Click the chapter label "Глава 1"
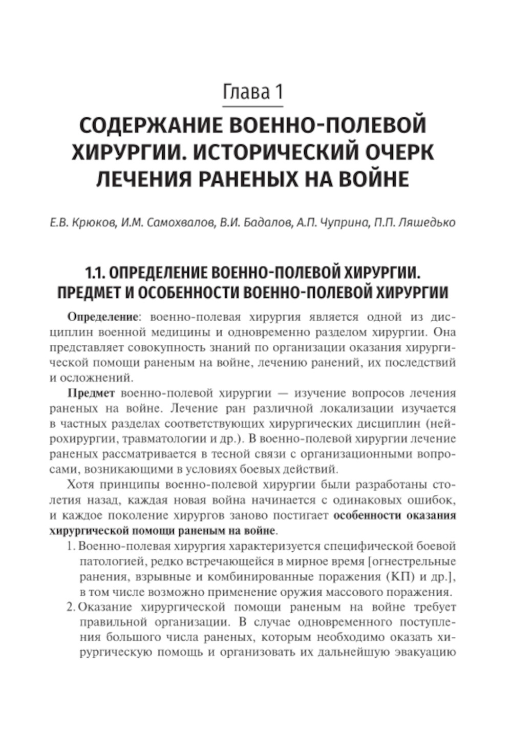[253, 92]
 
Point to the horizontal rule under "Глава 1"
[253, 107]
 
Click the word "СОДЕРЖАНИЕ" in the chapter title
[150, 126]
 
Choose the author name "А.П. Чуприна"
[330, 223]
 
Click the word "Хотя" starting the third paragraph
[81, 485]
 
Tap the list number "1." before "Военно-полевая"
[72, 547]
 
